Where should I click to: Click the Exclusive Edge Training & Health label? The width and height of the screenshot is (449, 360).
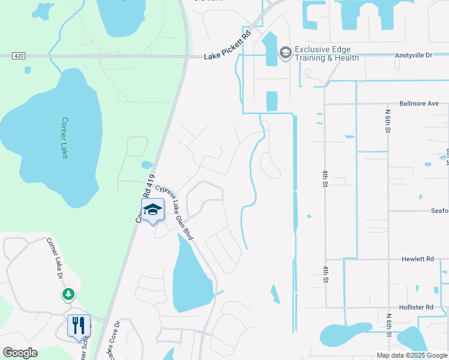click(x=327, y=53)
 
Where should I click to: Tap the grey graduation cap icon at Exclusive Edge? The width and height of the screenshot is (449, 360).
click(x=285, y=53)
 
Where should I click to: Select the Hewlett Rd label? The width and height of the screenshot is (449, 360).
click(x=417, y=259)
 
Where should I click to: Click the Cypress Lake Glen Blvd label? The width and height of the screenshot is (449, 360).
click(x=175, y=212)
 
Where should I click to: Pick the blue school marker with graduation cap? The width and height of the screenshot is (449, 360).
click(x=152, y=210)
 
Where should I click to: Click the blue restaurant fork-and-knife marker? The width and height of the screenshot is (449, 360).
click(x=79, y=326)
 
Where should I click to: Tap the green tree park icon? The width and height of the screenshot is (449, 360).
click(x=68, y=294)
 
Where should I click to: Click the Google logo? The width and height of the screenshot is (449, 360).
click(x=20, y=353)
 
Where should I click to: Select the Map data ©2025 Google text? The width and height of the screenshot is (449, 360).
click(x=411, y=355)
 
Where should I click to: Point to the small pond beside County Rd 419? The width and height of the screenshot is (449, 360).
click(x=147, y=164)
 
